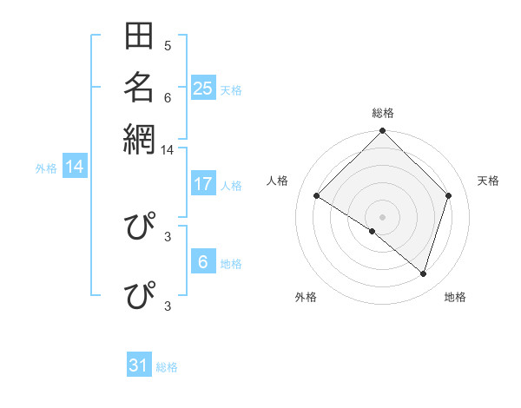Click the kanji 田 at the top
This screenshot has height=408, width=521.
click(139, 37)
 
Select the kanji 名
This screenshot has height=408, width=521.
click(139, 87)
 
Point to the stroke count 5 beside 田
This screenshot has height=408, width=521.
click(168, 45)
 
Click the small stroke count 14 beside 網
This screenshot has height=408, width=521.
click(168, 150)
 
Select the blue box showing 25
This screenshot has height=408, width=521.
click(203, 88)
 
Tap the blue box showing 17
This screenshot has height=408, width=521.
click(203, 184)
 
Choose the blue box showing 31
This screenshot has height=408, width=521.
click(139, 365)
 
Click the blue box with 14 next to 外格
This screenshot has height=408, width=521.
click(75, 167)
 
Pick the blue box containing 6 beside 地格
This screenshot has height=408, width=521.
click(203, 261)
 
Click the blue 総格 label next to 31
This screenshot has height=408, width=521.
click(167, 367)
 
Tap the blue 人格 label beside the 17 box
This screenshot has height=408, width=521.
click(231, 186)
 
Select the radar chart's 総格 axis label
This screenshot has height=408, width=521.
click(382, 113)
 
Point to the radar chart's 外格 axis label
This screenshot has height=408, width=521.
click(306, 297)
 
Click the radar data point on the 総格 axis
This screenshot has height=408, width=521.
click(382, 132)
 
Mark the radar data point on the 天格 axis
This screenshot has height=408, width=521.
click(449, 195)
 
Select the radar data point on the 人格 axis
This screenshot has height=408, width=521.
click(317, 196)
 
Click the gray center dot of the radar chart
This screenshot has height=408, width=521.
click(382, 216)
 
